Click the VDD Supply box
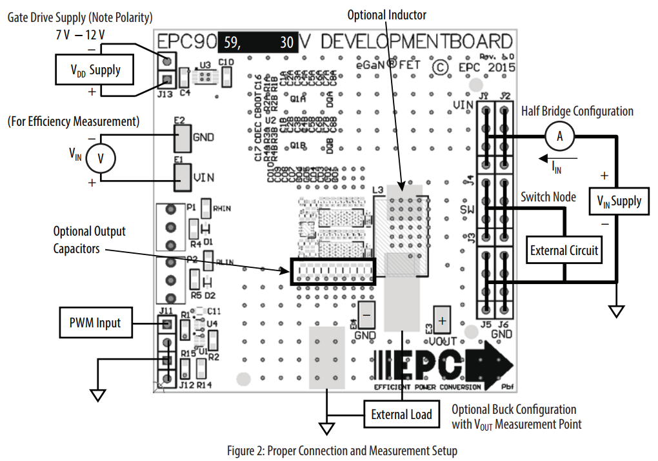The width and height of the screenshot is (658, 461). (x=95, y=70)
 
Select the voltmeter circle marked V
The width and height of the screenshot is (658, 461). (x=100, y=157)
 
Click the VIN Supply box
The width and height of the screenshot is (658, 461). (x=617, y=201)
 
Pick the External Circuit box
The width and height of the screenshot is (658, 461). (x=564, y=250)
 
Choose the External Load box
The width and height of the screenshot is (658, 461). (x=401, y=414)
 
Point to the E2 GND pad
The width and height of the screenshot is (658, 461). (x=183, y=138)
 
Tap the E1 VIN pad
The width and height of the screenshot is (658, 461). (x=183, y=176)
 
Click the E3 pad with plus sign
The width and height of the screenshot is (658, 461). (x=442, y=320)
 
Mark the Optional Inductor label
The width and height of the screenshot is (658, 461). (x=387, y=14)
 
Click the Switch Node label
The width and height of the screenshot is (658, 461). (x=548, y=196)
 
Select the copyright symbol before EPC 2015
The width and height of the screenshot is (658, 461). (x=439, y=67)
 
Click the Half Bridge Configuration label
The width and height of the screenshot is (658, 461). (x=577, y=111)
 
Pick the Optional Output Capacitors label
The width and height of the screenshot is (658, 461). (x=89, y=240)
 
